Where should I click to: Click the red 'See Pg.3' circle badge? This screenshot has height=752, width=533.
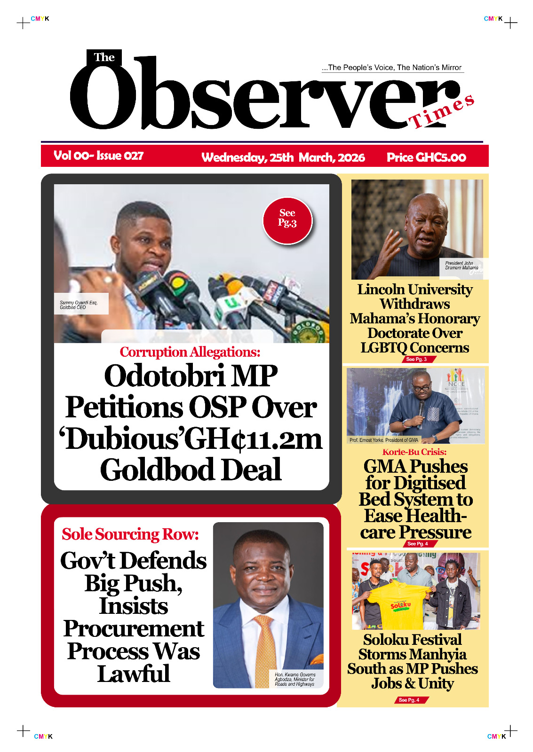pos(287,220)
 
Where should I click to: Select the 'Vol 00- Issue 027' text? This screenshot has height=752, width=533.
pos(98,156)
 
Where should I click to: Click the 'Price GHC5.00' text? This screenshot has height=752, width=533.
pos(426,157)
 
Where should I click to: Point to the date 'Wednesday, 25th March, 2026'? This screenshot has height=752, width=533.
pos(283,157)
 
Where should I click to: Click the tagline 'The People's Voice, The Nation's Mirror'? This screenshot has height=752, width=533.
pos(392,68)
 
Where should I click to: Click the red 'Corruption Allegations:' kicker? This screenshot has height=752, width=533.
pos(190,352)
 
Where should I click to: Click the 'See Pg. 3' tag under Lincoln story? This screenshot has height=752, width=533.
pos(417,359)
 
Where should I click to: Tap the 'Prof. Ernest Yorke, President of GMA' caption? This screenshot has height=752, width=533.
pos(383,440)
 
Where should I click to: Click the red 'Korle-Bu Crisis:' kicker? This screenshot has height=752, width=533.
pos(414,452)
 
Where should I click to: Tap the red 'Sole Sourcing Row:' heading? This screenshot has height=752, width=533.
pos(130,534)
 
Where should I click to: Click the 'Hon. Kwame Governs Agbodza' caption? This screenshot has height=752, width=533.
pos(295,679)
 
